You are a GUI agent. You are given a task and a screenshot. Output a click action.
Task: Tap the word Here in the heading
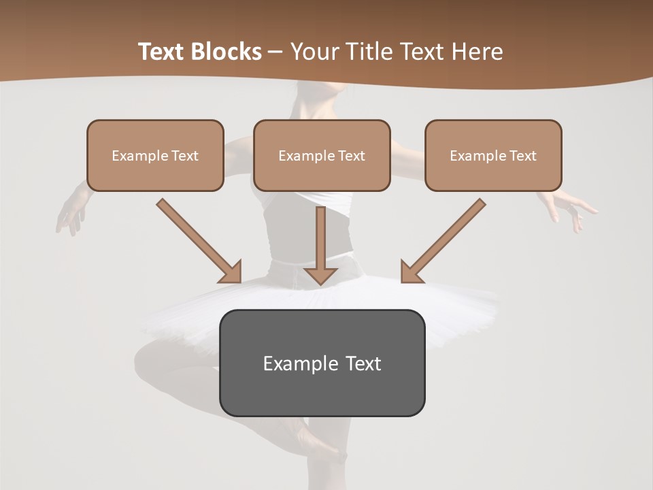478,52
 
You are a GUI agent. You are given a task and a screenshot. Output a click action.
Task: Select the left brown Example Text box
155,156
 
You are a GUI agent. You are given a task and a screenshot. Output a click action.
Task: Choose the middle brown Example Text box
322,156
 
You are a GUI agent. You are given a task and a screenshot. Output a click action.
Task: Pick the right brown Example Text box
493,156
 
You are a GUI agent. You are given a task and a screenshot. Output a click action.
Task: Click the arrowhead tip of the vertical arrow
321,282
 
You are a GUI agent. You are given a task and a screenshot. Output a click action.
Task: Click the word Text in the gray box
363,363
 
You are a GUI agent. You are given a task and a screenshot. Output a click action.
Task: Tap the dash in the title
275,52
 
